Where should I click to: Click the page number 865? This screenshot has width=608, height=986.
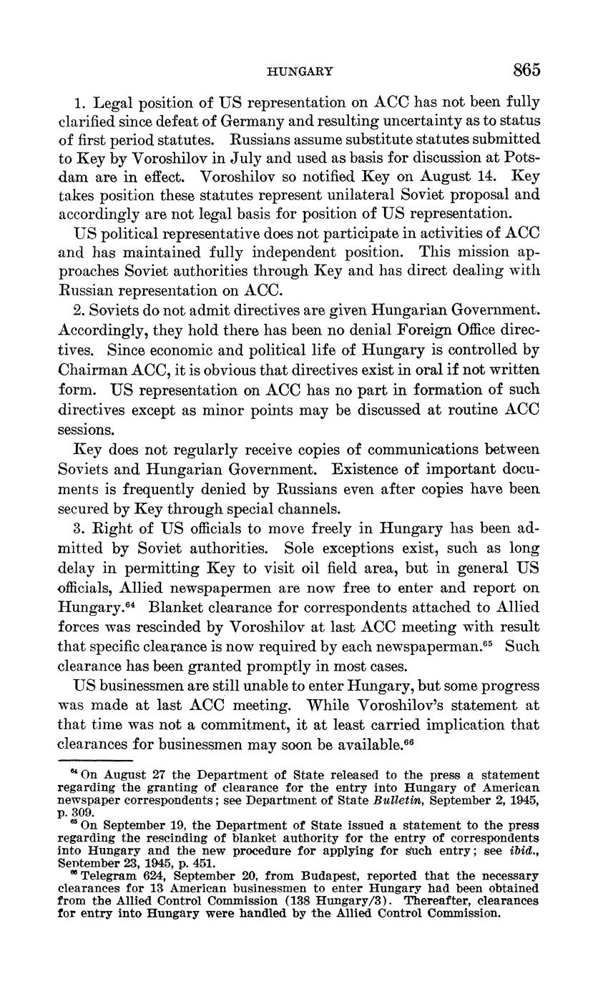526,69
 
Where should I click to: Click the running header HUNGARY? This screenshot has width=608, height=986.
299,71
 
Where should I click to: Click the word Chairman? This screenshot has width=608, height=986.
88,370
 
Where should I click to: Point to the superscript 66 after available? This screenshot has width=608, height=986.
409,740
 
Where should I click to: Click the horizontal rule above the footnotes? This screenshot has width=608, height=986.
95,761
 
